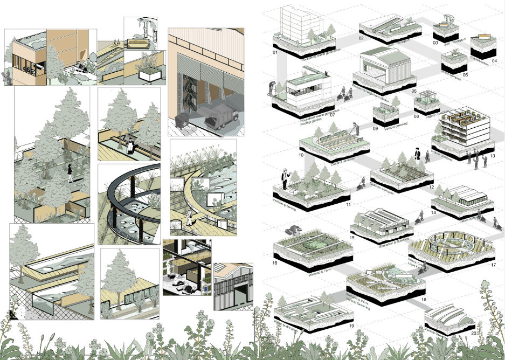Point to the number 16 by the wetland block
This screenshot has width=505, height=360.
(x=275, y=263)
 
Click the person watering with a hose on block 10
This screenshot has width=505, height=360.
(x=354, y=128)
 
